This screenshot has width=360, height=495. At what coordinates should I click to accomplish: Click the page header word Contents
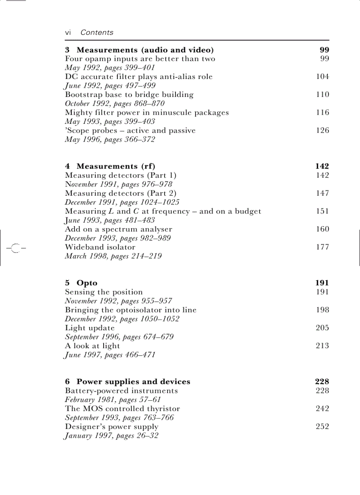97,32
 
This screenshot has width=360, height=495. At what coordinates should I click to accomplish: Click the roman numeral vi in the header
68,32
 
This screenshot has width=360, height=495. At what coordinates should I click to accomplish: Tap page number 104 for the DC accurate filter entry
322,77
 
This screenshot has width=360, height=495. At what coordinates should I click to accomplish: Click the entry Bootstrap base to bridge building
129,94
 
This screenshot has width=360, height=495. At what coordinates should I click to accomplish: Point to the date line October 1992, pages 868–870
115,104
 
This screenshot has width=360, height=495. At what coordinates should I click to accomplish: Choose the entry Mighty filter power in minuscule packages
146,112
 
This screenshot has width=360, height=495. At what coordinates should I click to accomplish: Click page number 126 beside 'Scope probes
322,130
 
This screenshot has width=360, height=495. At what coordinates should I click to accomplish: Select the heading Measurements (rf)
116,166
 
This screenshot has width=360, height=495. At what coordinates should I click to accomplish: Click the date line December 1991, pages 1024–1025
122,202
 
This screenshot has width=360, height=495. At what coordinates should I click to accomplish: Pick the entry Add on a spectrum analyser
118,229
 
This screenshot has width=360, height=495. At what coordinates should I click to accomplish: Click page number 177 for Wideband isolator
322,247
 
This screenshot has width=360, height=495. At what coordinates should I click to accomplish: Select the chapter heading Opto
87,283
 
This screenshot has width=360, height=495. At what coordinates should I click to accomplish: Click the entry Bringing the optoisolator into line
131,310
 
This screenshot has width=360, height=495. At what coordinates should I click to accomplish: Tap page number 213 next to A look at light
322,346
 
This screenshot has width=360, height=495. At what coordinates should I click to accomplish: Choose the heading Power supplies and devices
133,382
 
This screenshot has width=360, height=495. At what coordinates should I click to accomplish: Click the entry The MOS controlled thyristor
122,409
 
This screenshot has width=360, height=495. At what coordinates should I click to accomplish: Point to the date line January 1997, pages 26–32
112,435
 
